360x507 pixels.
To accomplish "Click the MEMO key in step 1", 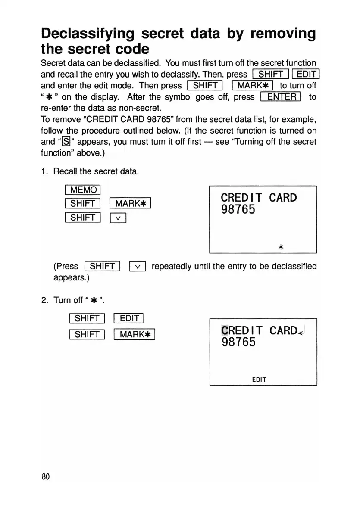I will click(82, 189).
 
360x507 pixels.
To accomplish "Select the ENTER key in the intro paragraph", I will click(280, 96).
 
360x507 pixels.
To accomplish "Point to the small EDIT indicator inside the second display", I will click(259, 379).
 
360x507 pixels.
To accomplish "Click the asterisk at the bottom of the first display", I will click(281, 247).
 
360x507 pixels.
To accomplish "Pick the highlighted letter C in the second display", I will click(224, 330).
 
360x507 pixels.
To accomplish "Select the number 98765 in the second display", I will click(238, 342).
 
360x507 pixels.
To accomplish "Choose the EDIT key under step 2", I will click(128, 319).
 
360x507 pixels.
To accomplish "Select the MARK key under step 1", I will click(130, 203).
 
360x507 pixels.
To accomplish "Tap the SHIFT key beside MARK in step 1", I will click(82, 203).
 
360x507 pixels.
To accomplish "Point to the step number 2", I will click(44, 300).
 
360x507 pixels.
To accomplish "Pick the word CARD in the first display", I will click(283, 198).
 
